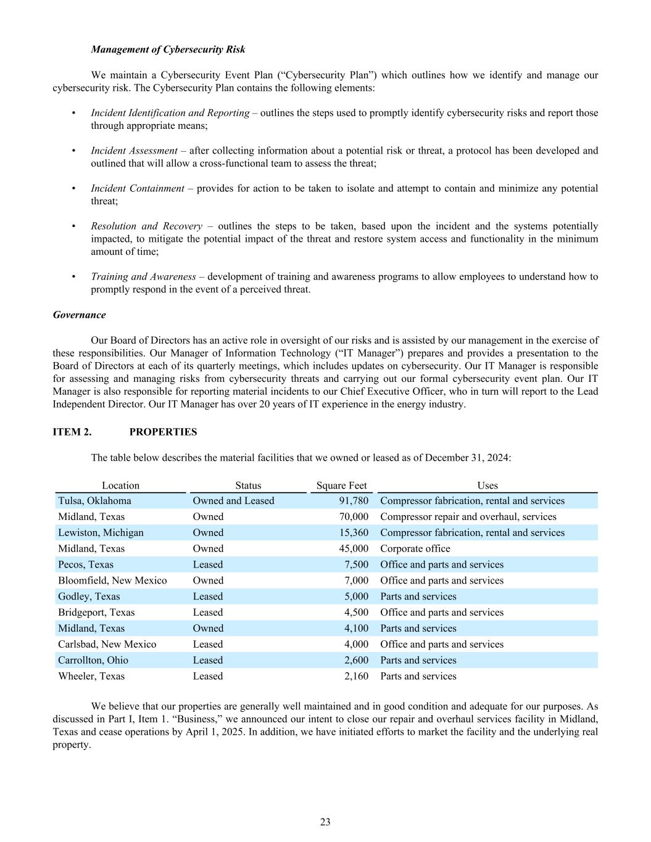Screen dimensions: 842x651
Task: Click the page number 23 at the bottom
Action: (325, 822)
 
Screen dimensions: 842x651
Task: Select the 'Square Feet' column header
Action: (341, 485)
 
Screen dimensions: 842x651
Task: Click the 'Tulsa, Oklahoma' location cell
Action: (94, 501)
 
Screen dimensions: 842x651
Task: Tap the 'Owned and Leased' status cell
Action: (233, 501)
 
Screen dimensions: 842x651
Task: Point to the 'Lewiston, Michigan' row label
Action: (101, 532)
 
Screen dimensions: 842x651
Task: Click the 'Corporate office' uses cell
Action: (415, 548)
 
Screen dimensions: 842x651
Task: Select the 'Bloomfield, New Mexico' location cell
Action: (112, 580)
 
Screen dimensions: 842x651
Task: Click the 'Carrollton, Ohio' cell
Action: (93, 660)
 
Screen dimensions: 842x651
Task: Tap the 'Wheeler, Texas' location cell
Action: (91, 676)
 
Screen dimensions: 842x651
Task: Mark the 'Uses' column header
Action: (487, 485)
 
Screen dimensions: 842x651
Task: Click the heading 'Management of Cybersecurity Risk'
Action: (168, 49)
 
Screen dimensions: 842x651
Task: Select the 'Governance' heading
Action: (79, 315)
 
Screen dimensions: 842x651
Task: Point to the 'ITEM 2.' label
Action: (72, 432)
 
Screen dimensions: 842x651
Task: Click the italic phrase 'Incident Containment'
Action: (138, 188)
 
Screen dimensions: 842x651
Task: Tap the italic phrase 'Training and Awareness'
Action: (143, 276)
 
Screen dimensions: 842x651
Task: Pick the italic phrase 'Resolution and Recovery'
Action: (146, 226)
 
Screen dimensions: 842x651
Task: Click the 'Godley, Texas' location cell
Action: (89, 596)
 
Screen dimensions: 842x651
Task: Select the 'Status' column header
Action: (248, 485)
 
